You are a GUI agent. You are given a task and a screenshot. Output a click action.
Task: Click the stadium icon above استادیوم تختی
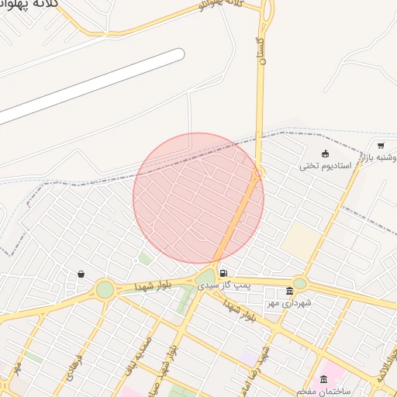325,154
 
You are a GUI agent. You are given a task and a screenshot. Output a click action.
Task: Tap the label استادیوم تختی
326,166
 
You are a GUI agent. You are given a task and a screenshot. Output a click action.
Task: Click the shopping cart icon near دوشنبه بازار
381,145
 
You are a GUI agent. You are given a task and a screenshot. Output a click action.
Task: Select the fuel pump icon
223,273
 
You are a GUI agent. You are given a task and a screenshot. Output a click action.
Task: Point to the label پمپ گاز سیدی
225,286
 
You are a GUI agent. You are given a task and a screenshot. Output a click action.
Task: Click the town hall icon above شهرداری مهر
290,292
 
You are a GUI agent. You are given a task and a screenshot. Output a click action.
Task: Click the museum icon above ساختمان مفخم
323,379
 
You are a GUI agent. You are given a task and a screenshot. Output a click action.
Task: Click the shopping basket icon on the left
81,274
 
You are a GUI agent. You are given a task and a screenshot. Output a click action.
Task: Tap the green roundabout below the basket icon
105,290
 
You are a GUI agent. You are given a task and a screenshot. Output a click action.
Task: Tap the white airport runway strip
93,85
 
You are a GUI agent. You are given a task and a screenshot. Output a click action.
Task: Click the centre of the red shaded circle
198,198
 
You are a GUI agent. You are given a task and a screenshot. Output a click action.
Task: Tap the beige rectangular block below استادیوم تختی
300,241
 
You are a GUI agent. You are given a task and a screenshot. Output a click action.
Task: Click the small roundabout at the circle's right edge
260,174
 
